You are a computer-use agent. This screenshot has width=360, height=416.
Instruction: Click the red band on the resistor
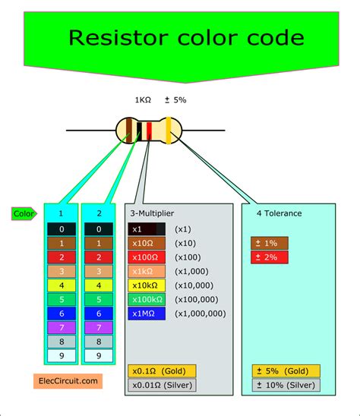click(x=149, y=131)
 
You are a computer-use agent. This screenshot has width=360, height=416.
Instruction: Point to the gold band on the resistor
click(x=169, y=131)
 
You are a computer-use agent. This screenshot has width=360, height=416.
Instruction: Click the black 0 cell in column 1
click(x=61, y=229)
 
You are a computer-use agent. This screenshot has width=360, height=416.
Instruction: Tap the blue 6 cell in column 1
click(x=61, y=314)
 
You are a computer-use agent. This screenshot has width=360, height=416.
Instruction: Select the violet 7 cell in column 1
click(x=61, y=327)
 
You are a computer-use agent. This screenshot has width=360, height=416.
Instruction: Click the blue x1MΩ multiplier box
click(x=147, y=314)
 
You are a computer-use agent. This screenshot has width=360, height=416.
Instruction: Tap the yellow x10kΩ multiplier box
click(x=147, y=285)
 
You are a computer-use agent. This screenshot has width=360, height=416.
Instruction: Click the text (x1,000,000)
click(x=201, y=314)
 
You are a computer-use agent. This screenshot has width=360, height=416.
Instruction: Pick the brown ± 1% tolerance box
click(x=269, y=243)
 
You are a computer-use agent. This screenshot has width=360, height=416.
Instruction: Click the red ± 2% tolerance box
click(x=269, y=257)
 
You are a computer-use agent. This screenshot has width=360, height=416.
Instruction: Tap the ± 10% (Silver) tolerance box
click(x=286, y=385)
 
